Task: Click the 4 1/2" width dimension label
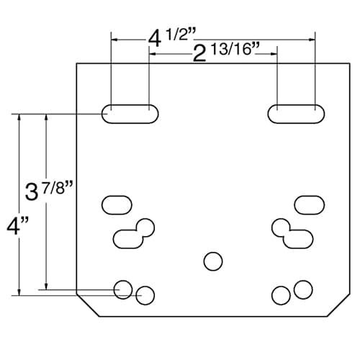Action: [x=171, y=38]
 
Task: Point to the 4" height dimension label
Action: [x=17, y=225]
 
